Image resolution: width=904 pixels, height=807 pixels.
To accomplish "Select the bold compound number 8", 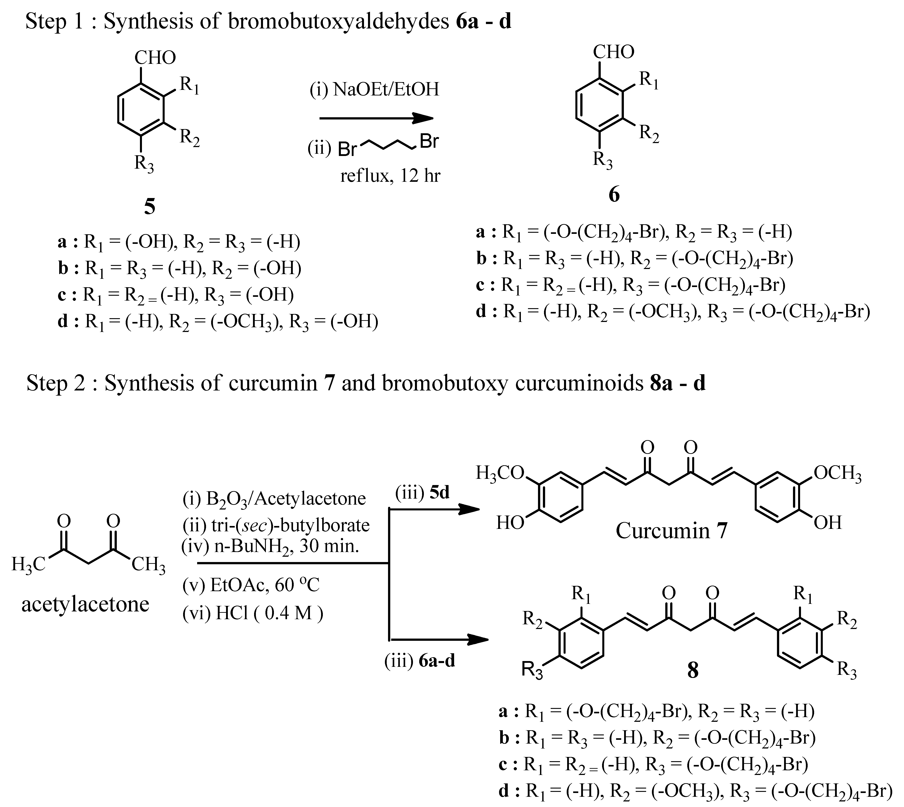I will point(693,671).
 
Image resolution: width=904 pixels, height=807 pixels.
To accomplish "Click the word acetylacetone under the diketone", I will point(85,604).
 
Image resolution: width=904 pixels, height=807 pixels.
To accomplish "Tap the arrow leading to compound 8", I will point(439,639).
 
